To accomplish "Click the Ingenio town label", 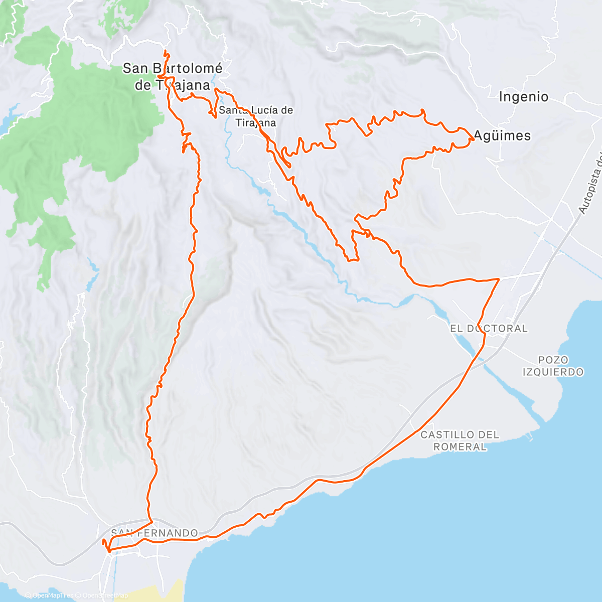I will [523, 97].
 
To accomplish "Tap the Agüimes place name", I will [502, 135].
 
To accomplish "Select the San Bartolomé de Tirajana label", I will [173, 76].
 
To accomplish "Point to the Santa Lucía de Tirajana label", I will [256, 116].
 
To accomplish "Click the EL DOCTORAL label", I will [489, 329].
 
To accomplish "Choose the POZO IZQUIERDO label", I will [553, 366].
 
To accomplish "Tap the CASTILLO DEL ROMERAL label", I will [460, 440].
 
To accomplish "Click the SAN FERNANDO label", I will [155, 533].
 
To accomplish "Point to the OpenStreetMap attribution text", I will [105, 595].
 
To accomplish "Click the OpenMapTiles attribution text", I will [53, 595].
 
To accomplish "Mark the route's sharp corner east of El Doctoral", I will [499, 278].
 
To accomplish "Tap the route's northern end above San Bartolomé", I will [166, 52].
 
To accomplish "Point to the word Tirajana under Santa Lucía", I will [256, 123].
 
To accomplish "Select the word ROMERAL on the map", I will [460, 446].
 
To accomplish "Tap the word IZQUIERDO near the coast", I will [553, 372].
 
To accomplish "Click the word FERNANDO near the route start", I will [168, 533].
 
